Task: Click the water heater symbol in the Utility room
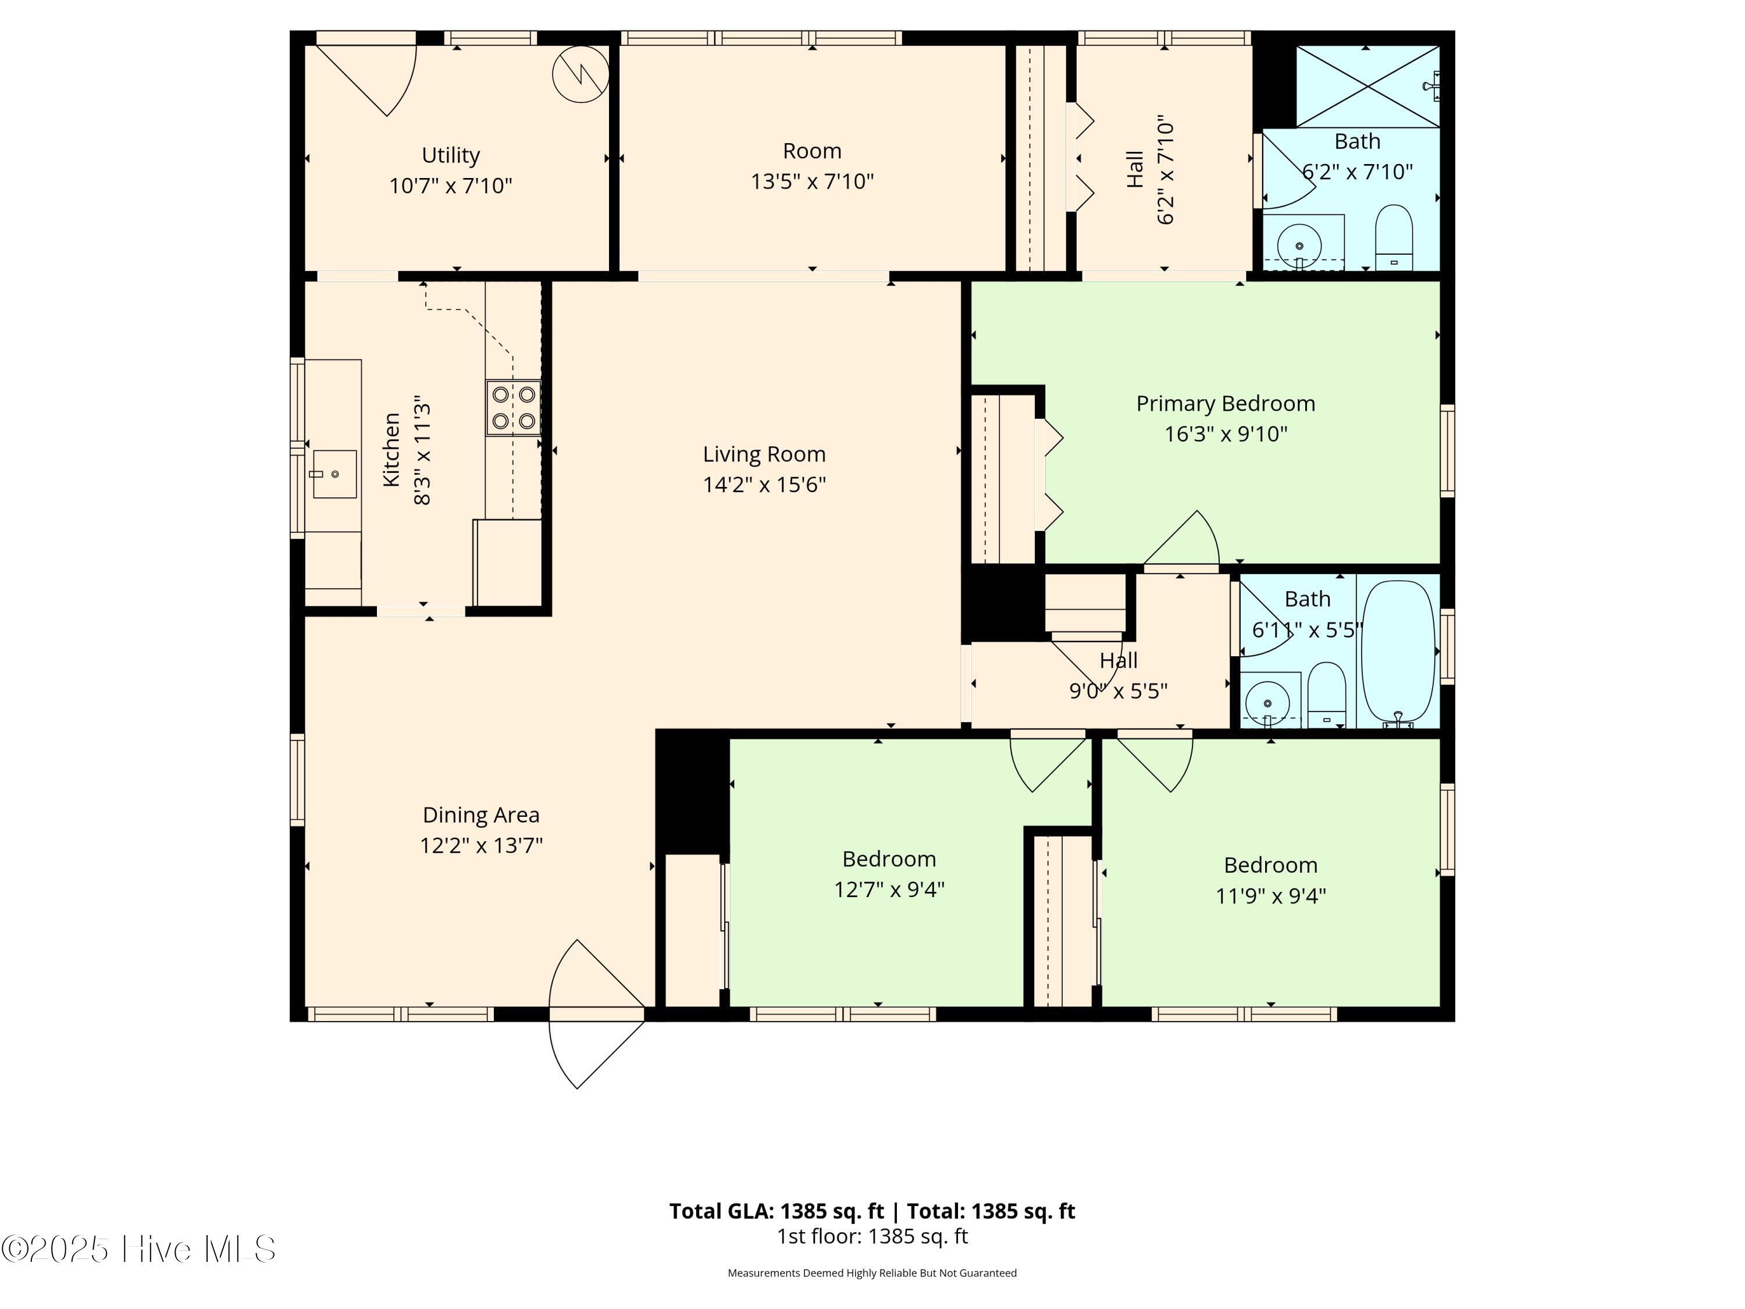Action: point(581,74)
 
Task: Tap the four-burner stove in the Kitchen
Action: point(513,408)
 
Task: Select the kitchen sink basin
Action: point(334,474)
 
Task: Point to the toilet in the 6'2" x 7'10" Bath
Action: point(1393,237)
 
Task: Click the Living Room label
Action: point(764,454)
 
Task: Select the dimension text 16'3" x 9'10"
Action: point(1225,434)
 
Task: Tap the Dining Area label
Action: point(480,815)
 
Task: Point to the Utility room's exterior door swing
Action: point(371,79)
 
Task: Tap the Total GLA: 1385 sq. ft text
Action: point(777,1211)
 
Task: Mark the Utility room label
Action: point(450,155)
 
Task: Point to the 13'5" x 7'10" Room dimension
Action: point(812,182)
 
